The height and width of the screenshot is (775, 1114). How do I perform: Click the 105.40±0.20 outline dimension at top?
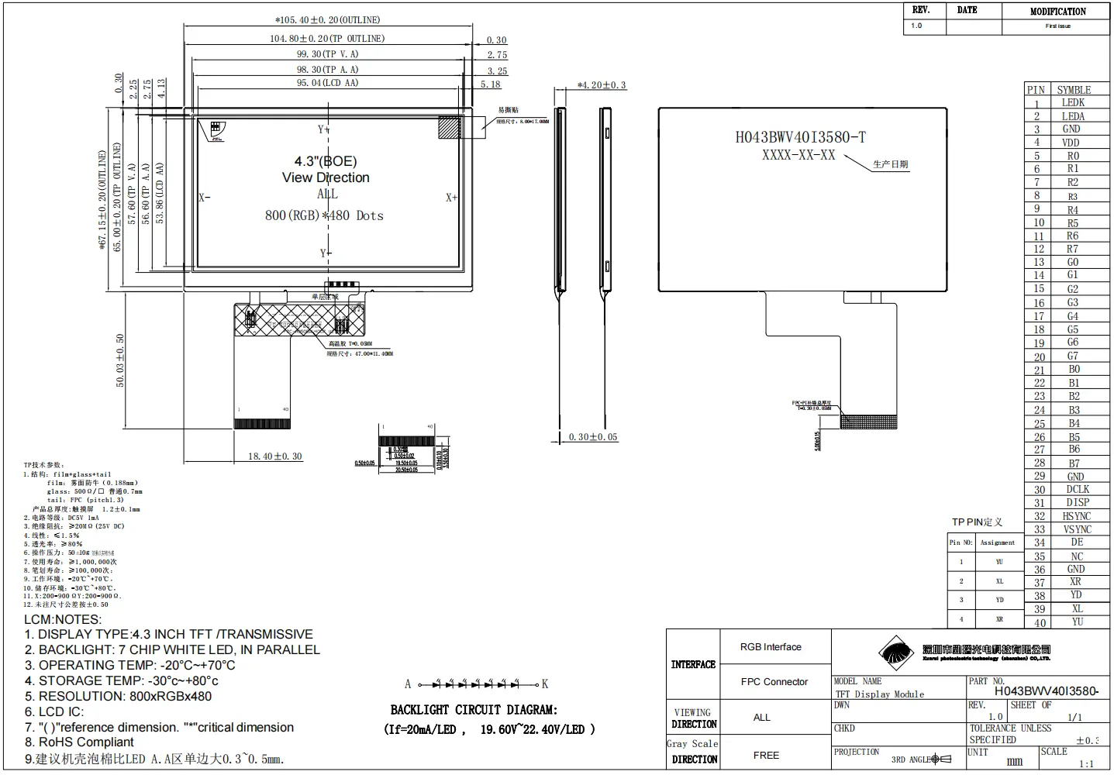pyautogui.click(x=328, y=20)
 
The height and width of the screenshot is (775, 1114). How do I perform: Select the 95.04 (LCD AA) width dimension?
pyautogui.click(x=327, y=83)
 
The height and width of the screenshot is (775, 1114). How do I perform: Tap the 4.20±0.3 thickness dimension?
pyautogui.click(x=602, y=85)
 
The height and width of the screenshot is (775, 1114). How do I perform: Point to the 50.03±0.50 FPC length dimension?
pyautogui.click(x=120, y=360)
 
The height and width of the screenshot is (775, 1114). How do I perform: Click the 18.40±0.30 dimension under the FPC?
pyautogui.click(x=274, y=456)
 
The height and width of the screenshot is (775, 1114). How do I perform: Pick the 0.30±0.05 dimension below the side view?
pyautogui.click(x=593, y=437)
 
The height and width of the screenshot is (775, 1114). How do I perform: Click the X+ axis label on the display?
pyautogui.click(x=451, y=198)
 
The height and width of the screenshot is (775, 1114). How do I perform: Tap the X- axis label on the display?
pyautogui.click(x=204, y=198)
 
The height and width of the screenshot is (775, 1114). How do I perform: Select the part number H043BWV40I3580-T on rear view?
pyautogui.click(x=800, y=138)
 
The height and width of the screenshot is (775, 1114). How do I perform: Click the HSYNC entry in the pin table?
pyautogui.click(x=1076, y=516)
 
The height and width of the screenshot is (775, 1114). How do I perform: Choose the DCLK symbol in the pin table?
pyautogui.click(x=1077, y=490)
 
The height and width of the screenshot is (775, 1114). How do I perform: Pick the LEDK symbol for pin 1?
pyautogui.click(x=1073, y=103)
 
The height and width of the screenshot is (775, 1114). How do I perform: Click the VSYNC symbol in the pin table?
pyautogui.click(x=1077, y=529)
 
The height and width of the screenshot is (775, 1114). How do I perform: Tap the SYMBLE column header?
pyautogui.click(x=1074, y=90)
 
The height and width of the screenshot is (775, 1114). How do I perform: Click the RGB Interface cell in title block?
pyautogui.click(x=771, y=647)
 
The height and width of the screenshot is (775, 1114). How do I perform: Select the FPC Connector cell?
pyautogui.click(x=774, y=682)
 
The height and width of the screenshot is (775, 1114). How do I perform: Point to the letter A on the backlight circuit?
pyautogui.click(x=408, y=684)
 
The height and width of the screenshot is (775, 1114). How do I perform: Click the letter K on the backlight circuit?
pyautogui.click(x=545, y=684)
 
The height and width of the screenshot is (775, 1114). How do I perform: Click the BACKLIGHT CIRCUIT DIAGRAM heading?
pyautogui.click(x=474, y=710)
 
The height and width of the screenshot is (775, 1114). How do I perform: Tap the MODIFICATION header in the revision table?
pyautogui.click(x=1057, y=12)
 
